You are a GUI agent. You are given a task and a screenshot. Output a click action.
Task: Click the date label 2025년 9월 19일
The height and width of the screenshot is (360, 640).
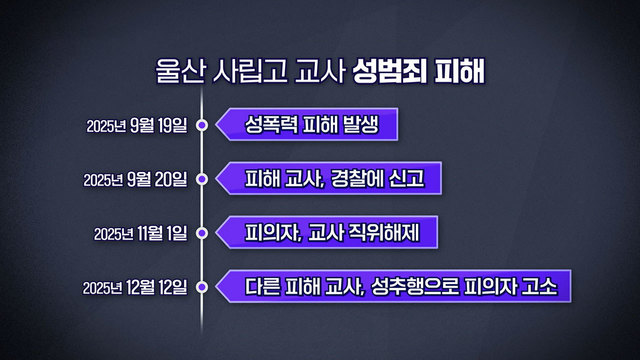click(x=137, y=126)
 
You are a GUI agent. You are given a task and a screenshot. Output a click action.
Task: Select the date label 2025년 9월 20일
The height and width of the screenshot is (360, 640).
click(x=137, y=180)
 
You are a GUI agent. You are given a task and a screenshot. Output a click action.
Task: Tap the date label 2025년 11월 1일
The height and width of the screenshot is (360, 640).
click(x=141, y=234)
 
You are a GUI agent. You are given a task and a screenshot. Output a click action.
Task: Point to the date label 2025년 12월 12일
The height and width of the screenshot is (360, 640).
click(x=137, y=288)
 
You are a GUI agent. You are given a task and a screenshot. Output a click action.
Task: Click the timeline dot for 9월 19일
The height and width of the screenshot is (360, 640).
click(x=202, y=126)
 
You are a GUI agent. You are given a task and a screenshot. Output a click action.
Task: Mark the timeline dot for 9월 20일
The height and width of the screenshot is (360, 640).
click(x=202, y=180)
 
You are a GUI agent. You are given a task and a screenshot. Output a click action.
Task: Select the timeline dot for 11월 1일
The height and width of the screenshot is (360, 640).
click(x=202, y=234)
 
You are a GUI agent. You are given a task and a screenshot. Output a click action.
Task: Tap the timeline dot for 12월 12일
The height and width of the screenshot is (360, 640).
click(x=202, y=288)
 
